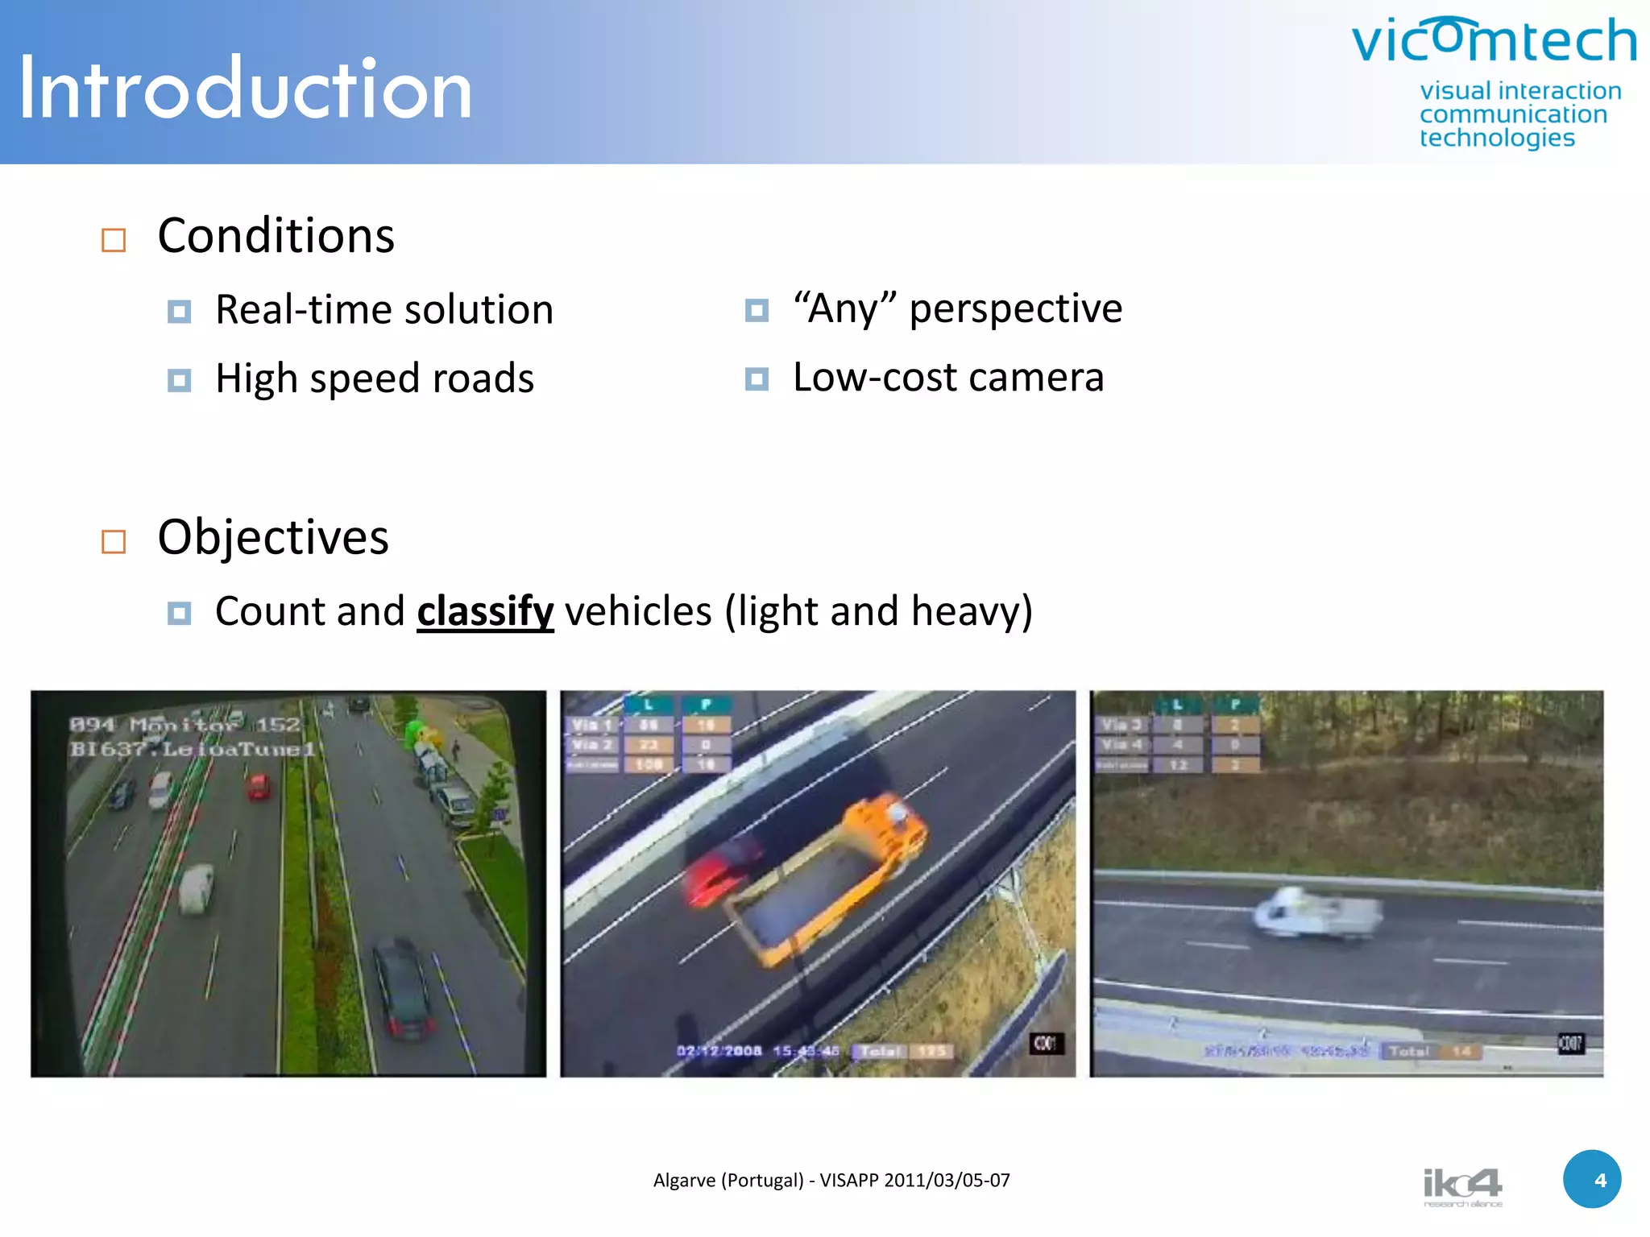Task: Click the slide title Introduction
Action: click(245, 89)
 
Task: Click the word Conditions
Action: click(276, 236)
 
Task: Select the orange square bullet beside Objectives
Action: click(114, 542)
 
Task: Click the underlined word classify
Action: click(485, 611)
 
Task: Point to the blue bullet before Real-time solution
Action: click(179, 312)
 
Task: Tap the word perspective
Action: click(1015, 309)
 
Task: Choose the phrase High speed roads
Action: click(375, 379)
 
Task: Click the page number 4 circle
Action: click(1592, 1180)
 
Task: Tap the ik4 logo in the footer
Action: click(1462, 1185)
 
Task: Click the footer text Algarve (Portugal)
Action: click(728, 1181)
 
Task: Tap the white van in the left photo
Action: click(196, 888)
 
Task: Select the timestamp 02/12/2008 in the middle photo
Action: click(719, 1051)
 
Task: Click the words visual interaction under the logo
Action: click(1520, 91)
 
